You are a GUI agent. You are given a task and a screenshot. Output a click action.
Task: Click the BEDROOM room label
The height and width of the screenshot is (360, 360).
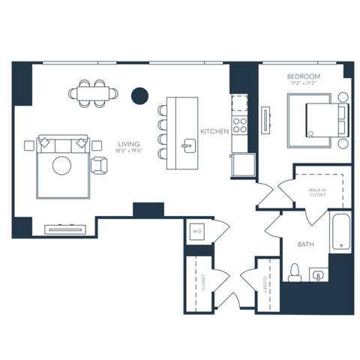click(303, 77)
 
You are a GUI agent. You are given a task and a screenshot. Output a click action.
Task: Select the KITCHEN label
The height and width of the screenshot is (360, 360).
click(214, 132)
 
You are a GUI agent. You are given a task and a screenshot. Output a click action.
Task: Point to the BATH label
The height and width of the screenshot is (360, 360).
click(305, 244)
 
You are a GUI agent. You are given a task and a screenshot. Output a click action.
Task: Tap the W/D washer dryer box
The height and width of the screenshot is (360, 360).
click(197, 232)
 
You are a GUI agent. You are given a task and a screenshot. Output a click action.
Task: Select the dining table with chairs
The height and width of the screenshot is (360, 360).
click(95, 94)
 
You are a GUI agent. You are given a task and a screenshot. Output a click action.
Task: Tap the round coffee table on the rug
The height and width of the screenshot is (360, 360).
click(61, 166)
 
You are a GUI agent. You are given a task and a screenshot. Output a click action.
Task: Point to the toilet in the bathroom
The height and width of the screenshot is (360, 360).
click(295, 271)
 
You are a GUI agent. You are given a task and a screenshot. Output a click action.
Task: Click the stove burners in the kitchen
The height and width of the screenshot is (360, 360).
click(240, 124)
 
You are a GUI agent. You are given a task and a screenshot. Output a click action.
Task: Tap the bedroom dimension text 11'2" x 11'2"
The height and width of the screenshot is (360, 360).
click(303, 85)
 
